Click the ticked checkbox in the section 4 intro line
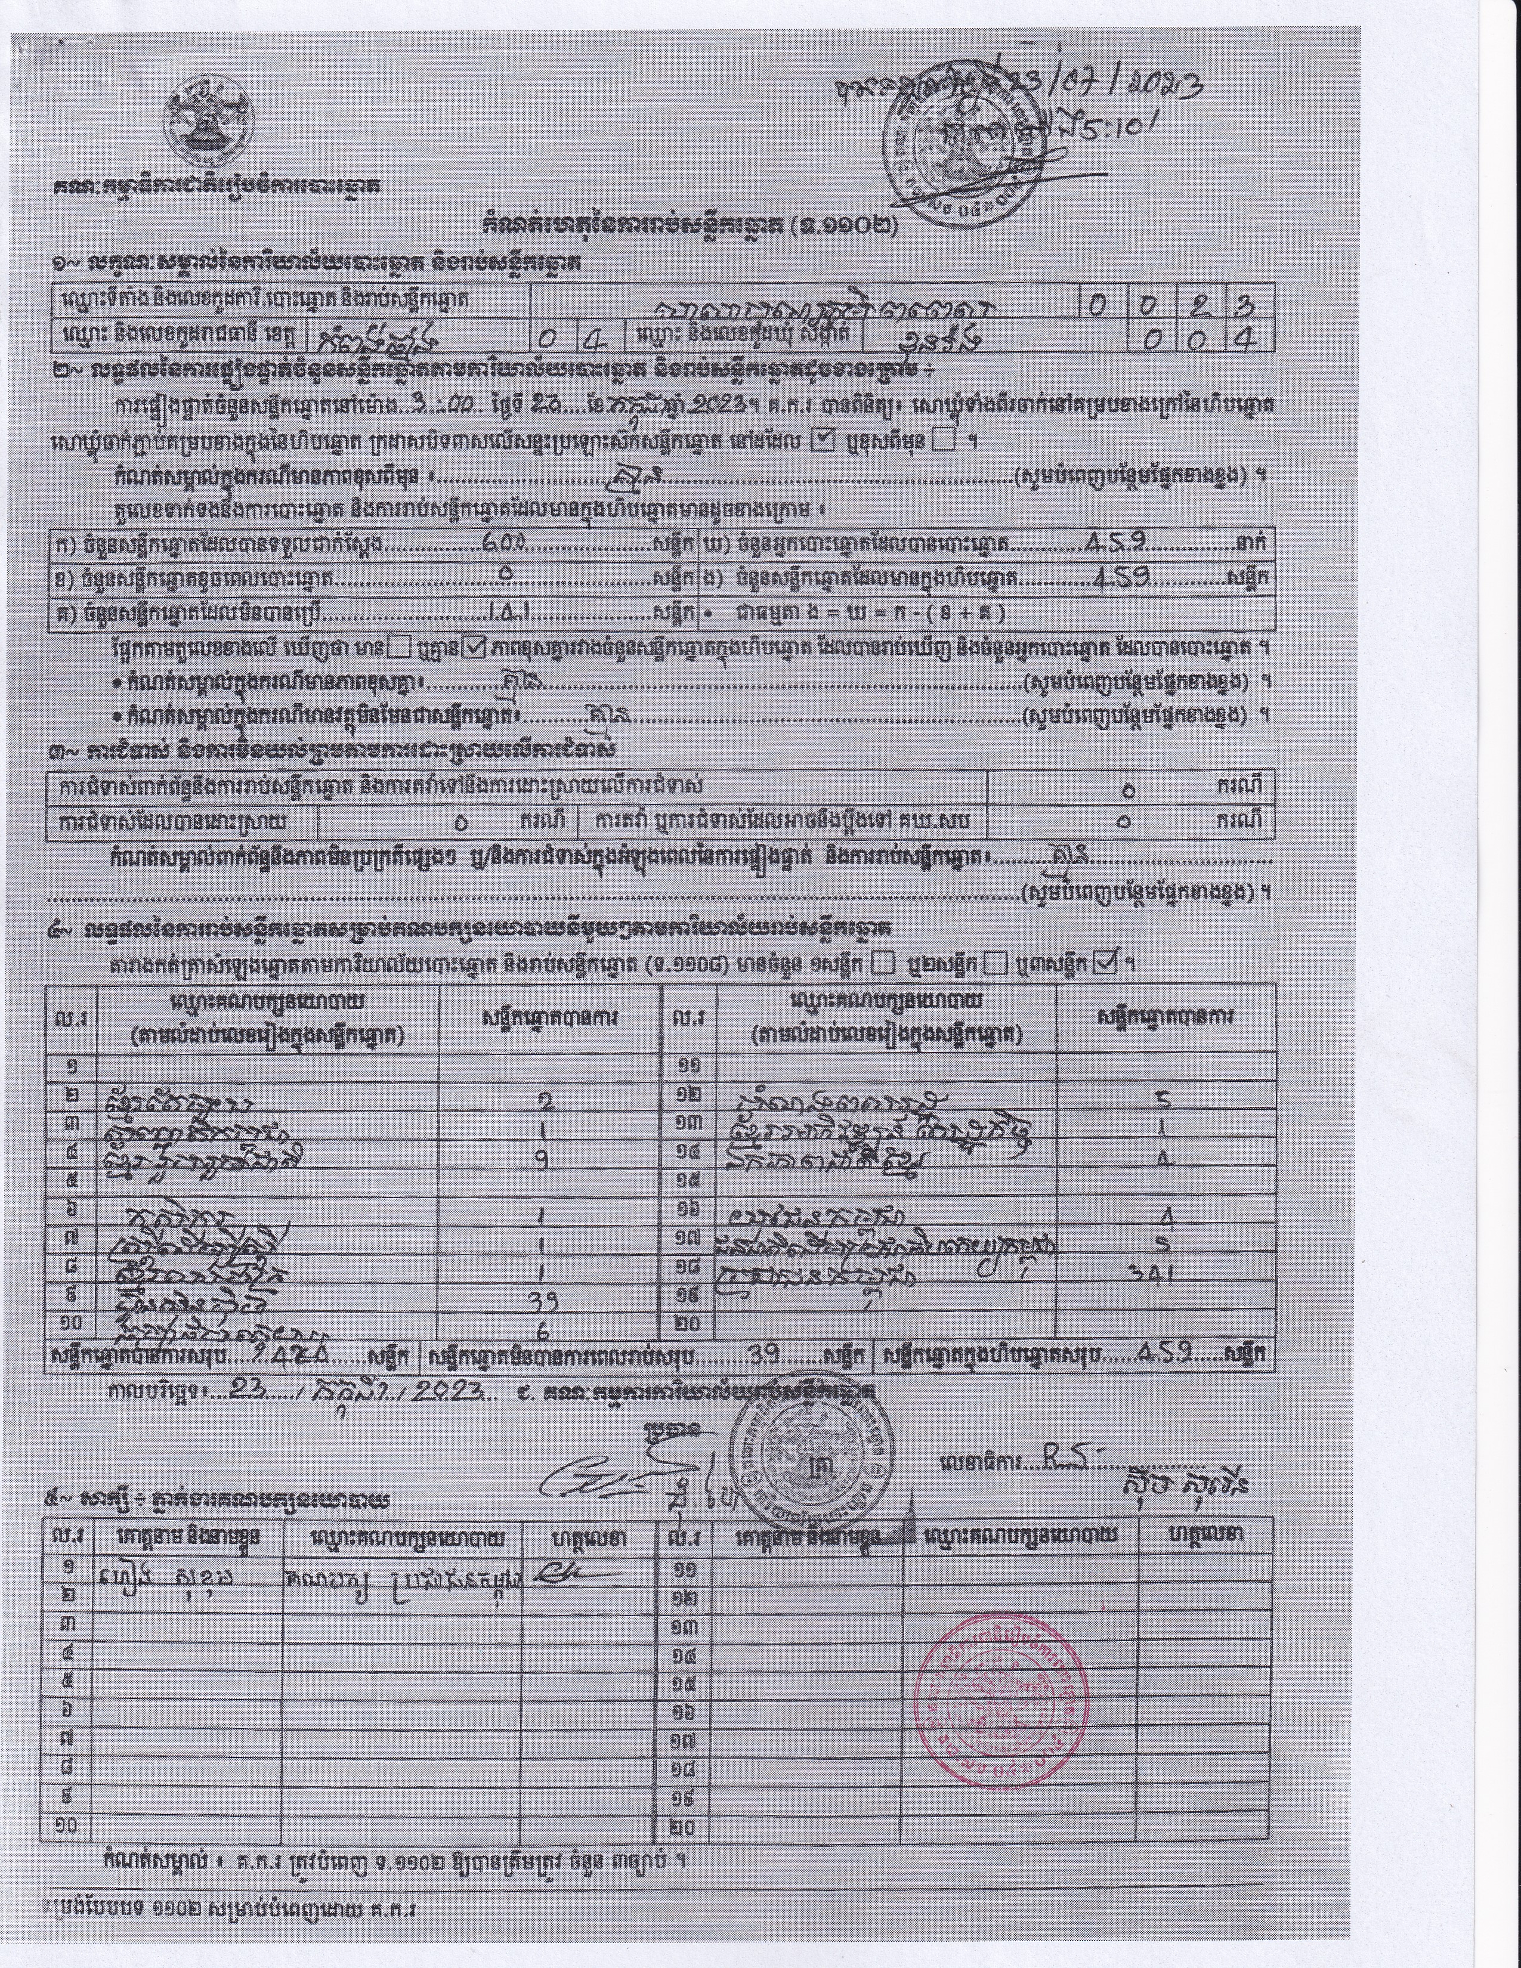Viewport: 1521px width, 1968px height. coord(1106,963)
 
